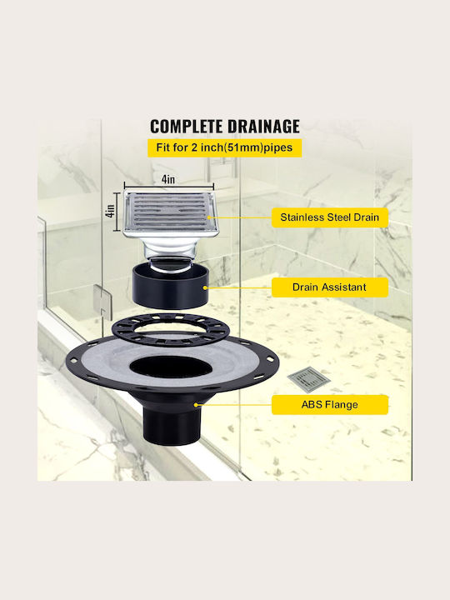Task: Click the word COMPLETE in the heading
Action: pyautogui.click(x=187, y=127)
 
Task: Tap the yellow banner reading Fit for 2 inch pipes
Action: pyautogui.click(x=225, y=147)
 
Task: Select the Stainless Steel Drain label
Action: pyautogui.click(x=330, y=217)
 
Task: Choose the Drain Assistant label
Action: pyautogui.click(x=330, y=287)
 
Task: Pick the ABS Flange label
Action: pyautogui.click(x=330, y=405)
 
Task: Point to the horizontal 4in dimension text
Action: pyautogui.click(x=168, y=179)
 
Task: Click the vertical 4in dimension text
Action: pyautogui.click(x=110, y=212)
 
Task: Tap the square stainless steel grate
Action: pyautogui.click(x=171, y=212)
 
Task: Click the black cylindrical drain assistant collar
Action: pyautogui.click(x=171, y=287)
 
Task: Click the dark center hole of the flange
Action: pyautogui.click(x=171, y=367)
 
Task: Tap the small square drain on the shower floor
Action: pyautogui.click(x=309, y=380)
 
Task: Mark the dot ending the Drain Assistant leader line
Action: pyautogui.click(x=206, y=287)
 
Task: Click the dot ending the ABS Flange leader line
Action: pyautogui.click(x=196, y=404)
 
